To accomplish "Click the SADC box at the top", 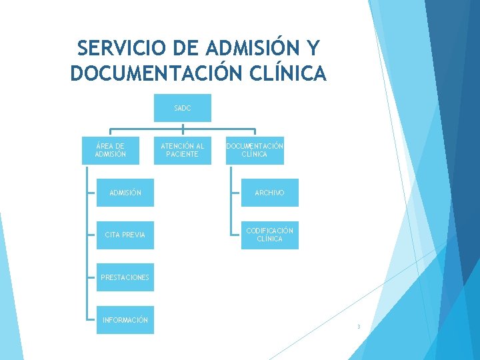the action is coord(182,108).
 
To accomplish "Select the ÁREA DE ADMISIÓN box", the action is coord(110,150).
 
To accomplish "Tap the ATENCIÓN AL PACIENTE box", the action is coord(182,150).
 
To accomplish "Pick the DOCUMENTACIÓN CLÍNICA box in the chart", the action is coord(255,150).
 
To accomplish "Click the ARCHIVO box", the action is coord(269,193).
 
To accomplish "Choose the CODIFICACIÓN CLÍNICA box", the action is coord(269,235).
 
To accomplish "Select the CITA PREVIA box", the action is coord(125,235).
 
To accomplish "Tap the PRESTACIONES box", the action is coord(125,277).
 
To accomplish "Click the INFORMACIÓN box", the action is coord(125,320).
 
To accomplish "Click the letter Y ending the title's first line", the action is coord(314,49).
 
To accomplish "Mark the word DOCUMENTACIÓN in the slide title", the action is coord(154,73).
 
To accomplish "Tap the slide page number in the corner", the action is coord(358,327).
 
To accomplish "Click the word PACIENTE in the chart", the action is coord(182,155).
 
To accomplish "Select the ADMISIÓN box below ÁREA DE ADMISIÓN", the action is coord(125,193).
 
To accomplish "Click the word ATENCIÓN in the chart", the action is coord(177,146).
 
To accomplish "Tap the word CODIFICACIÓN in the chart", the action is coord(269,231).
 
